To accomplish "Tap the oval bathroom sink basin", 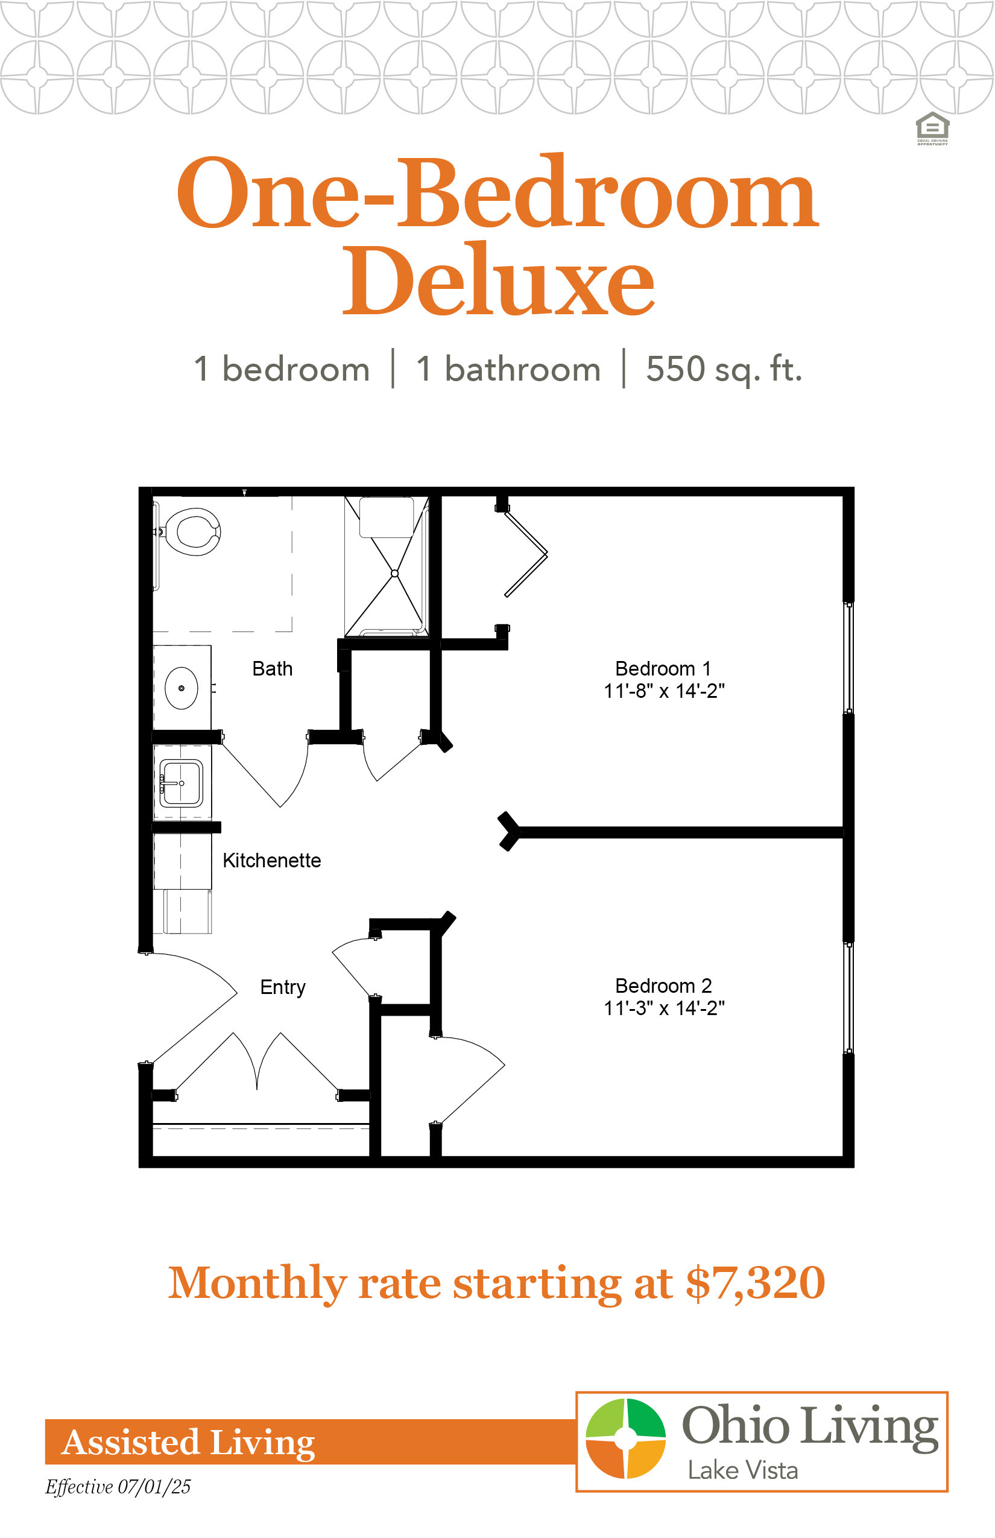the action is pos(182,688).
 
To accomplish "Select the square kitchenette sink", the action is pos(181,783).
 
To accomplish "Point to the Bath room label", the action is pos(272,669).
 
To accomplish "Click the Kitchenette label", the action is pos(271,861).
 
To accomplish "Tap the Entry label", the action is pos(282,987).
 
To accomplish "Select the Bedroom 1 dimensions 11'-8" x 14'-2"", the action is pos(664,691).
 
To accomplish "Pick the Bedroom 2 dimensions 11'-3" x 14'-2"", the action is pos(664,1008).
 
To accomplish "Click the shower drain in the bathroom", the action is pos(395,573).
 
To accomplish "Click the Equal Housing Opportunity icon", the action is pos(932,128).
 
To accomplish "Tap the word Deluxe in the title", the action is pos(498,280).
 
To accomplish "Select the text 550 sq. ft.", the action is pos(724,370).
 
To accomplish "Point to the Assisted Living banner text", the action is pos(188,1443).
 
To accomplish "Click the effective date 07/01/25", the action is pos(154,1487).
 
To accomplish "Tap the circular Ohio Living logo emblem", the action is pos(625,1438).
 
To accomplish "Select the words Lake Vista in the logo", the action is pos(742,1471).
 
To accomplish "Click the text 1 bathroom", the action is pos(508,370).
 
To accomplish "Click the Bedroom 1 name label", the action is pos(663,669).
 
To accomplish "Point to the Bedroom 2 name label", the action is pos(663,986).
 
